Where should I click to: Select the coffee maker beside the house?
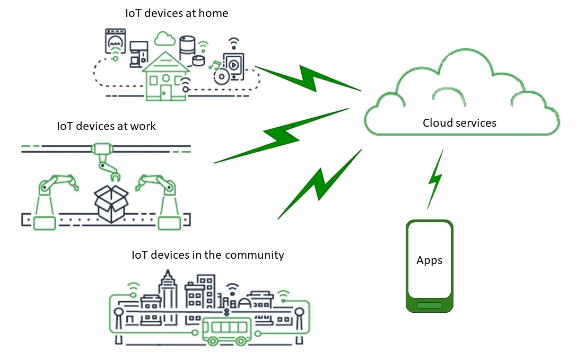click(x=138, y=54)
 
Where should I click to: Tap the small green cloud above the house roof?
click(x=165, y=39)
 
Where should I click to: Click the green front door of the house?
click(x=166, y=91)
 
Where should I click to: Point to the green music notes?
click(x=214, y=65)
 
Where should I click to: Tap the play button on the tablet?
click(x=233, y=65)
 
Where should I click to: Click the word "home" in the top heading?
click(x=213, y=13)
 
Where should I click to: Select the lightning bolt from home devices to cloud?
click(x=308, y=78)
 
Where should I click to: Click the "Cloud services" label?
click(x=459, y=123)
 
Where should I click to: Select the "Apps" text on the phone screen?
click(x=429, y=260)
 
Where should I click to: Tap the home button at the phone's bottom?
click(x=429, y=305)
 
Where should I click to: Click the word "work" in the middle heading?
click(x=143, y=126)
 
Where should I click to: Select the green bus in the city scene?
click(x=226, y=332)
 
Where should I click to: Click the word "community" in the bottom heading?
click(x=254, y=255)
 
